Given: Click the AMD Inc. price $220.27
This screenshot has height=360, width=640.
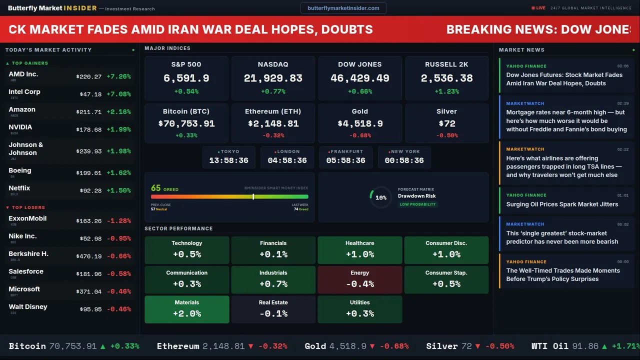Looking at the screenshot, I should coord(89,77).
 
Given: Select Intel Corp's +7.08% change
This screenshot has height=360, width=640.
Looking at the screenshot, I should coord(118,94).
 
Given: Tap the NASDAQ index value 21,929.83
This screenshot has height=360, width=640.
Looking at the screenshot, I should coord(273,78).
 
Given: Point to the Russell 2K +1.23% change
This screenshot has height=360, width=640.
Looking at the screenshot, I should coord(446,91).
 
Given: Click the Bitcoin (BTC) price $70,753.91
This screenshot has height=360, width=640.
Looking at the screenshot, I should coord(186,123).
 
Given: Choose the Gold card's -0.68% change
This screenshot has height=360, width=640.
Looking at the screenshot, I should coord(359,135).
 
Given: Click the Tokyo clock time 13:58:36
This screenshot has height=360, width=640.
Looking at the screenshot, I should coord(228,160).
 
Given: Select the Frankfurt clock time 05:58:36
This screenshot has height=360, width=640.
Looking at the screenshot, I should coord(345,160).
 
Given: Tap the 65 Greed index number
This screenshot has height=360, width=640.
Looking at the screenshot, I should coord(156,188).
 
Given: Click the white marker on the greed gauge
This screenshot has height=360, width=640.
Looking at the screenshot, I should coord(253,196).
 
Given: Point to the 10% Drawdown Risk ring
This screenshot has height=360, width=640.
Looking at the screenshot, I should coord(380,197).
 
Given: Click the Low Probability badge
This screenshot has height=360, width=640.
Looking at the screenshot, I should coord(417,204).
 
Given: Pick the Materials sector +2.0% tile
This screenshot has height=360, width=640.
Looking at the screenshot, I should coord(187,309).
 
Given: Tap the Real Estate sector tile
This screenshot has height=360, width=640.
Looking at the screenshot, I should coord(273,309).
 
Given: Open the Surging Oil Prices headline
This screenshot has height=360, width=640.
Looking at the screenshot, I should coord(562,204).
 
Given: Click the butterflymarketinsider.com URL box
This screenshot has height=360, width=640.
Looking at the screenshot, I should coord(343,8).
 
